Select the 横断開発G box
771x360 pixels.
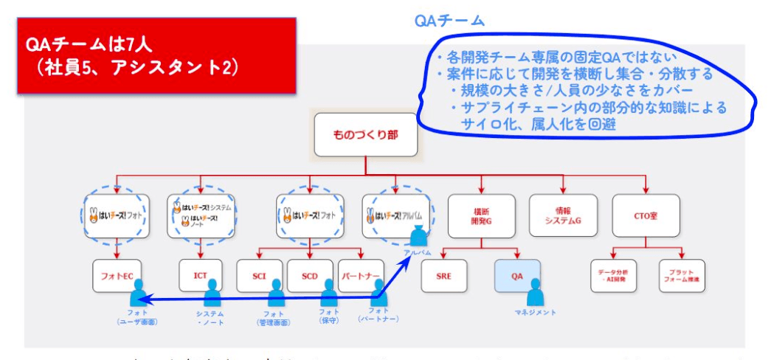click(x=481, y=216)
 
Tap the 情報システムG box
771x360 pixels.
click(x=563, y=216)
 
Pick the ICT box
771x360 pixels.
click(x=201, y=276)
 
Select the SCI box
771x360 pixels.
click(x=260, y=276)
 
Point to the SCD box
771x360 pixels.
click(x=310, y=276)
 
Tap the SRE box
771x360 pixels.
click(x=445, y=276)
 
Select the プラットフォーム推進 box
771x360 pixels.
click(x=681, y=276)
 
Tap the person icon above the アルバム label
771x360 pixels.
click(x=418, y=237)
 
